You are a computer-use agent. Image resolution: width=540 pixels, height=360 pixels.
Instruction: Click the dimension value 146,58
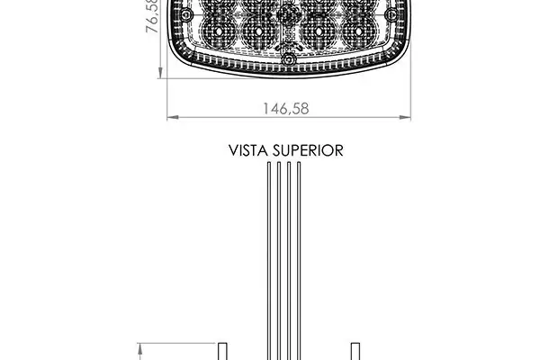click(x=286, y=109)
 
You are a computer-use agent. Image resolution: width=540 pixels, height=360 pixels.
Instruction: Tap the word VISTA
click(x=248, y=150)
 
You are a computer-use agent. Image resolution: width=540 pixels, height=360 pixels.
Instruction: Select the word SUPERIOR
click(x=308, y=150)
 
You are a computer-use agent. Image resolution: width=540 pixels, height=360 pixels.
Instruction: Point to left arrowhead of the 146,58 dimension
click(x=173, y=118)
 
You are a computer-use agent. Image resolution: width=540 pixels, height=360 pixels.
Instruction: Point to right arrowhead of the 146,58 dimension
click(x=405, y=118)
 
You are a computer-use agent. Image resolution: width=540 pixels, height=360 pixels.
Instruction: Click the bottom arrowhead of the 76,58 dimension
click(x=160, y=73)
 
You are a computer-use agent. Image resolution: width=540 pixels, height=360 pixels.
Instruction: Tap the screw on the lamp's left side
click(x=186, y=14)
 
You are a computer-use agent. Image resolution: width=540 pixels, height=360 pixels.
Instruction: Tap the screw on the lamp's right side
click(x=391, y=14)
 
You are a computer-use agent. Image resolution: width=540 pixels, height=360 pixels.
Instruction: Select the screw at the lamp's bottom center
click(x=289, y=59)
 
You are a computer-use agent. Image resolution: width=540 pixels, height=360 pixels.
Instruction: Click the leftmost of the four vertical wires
click(x=269, y=261)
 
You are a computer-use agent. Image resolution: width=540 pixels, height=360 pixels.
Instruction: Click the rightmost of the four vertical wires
click(x=299, y=261)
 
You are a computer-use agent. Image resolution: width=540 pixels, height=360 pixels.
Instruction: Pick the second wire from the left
click(x=279, y=261)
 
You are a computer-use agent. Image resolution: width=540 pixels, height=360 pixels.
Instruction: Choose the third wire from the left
click(x=289, y=261)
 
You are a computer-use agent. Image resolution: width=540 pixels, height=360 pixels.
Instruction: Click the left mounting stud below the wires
click(x=223, y=351)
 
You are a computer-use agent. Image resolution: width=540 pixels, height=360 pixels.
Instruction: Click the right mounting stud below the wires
click(x=355, y=351)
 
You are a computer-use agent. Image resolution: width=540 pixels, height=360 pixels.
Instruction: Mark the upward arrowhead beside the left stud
click(x=140, y=351)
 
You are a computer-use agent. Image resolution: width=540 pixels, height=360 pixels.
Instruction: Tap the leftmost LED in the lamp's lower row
click(x=219, y=31)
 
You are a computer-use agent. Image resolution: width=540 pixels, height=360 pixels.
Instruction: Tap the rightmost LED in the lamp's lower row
click(x=358, y=31)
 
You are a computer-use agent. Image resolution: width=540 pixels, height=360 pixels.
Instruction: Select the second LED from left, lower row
click(x=259, y=31)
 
